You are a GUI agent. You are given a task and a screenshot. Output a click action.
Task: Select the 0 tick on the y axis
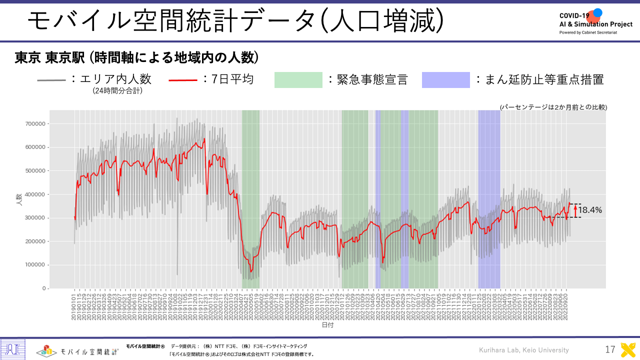(44, 288)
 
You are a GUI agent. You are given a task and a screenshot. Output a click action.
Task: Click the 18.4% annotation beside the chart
(590, 210)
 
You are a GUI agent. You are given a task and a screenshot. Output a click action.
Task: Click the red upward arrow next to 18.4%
(575, 210)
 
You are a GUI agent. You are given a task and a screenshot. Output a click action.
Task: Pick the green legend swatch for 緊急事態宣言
(298, 80)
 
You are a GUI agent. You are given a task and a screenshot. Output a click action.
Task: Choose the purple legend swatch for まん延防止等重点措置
(446, 80)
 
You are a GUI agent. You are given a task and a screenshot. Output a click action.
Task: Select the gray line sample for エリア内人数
(51, 80)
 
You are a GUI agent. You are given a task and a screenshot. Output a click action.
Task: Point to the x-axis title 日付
(327, 325)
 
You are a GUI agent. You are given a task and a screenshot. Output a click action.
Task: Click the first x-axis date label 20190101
(75, 305)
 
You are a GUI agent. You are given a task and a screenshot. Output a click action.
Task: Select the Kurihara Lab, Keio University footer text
(523, 350)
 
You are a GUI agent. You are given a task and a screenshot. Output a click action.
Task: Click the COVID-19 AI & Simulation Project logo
(595, 21)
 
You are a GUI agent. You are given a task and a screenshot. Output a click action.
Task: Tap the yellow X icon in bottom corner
(628, 350)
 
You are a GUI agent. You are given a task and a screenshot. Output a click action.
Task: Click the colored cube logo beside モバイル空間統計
(45, 350)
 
